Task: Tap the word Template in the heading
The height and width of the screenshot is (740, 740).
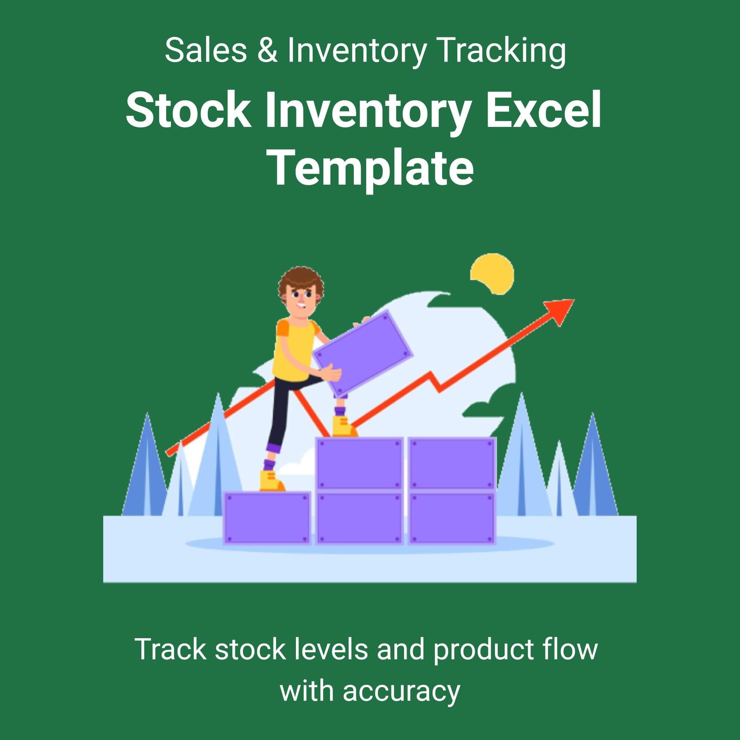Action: point(371,168)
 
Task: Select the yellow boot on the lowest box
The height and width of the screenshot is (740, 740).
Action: point(271,481)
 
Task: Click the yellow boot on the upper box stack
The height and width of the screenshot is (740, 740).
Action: point(343,427)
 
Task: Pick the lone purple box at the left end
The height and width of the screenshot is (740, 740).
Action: point(267,518)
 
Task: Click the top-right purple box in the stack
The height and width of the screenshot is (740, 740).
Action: point(452,464)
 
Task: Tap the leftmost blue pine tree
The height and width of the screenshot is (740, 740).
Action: point(146,471)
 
